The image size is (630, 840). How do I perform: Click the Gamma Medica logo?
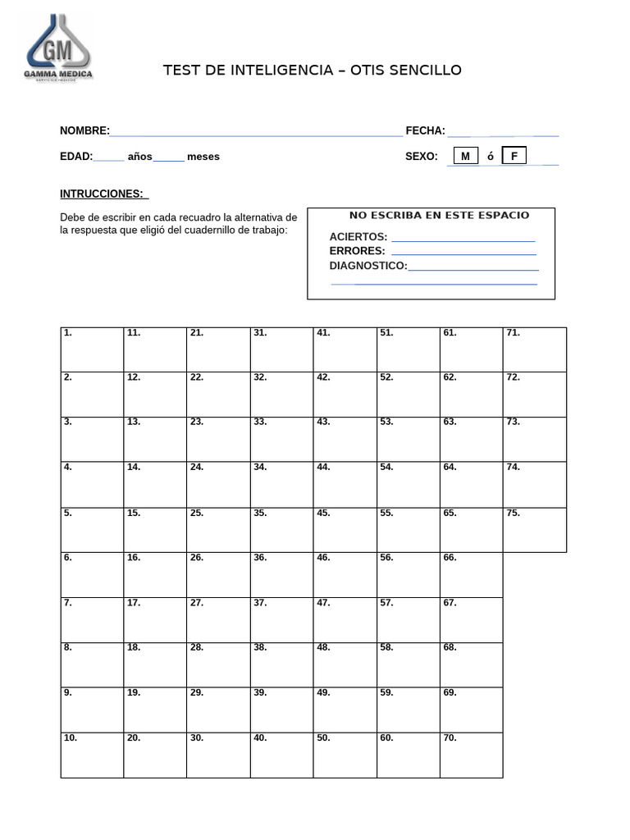(58, 48)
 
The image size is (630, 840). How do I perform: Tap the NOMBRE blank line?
(256, 131)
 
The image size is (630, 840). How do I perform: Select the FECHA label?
(425, 131)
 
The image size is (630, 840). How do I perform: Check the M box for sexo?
(465, 156)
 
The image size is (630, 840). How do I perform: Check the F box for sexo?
(514, 156)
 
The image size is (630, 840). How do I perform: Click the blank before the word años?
(109, 157)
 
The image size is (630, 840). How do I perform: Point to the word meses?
(203, 157)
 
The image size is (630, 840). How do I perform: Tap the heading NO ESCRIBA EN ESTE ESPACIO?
(439, 216)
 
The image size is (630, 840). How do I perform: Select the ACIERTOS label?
(358, 237)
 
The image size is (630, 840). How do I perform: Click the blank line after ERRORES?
(463, 252)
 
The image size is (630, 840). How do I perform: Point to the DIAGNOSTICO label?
(368, 266)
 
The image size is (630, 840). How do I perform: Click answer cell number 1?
(92, 350)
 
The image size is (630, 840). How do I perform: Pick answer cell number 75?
(534, 530)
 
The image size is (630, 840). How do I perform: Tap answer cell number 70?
(471, 755)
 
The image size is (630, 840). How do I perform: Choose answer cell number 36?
(281, 574)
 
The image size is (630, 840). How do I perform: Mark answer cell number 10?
(92, 755)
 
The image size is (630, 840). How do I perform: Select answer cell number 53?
(408, 440)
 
